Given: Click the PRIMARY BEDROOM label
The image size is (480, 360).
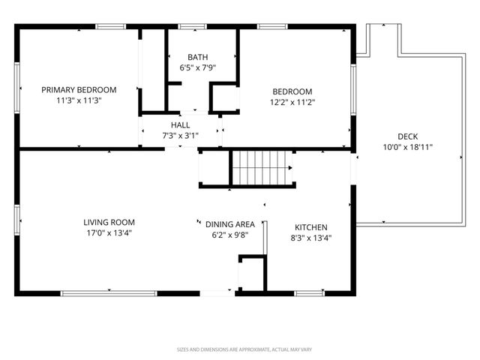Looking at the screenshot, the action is click(79, 90).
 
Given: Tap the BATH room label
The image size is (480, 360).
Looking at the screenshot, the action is click(198, 57).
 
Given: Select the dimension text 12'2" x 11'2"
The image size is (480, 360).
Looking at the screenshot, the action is click(292, 102).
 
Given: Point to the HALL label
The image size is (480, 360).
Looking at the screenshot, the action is click(180, 125).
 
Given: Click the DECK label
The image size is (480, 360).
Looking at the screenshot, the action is click(408, 136).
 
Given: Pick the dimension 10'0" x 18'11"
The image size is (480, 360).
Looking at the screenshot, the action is click(408, 147).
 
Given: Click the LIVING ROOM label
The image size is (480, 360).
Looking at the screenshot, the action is click(109, 222).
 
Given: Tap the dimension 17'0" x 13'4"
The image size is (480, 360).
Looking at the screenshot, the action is click(109, 233).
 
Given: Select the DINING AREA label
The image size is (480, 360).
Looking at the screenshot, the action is click(230, 224).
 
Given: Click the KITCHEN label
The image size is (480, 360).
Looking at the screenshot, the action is click(311, 227).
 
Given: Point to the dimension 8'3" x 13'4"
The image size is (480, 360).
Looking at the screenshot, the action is click(311, 238).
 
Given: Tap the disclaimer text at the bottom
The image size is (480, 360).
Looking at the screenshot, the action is click(244, 349).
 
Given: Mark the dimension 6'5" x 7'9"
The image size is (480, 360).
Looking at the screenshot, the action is click(198, 67).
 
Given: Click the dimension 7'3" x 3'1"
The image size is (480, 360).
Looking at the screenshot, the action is click(180, 135).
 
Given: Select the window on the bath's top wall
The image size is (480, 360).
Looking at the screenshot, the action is click(192, 27).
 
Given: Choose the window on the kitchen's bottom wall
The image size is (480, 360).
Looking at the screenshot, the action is click(309, 293).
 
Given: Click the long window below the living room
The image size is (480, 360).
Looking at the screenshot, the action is click(109, 293).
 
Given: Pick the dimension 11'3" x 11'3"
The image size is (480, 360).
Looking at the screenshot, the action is click(79, 100).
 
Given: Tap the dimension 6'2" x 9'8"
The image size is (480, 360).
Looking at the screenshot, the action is click(230, 235).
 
